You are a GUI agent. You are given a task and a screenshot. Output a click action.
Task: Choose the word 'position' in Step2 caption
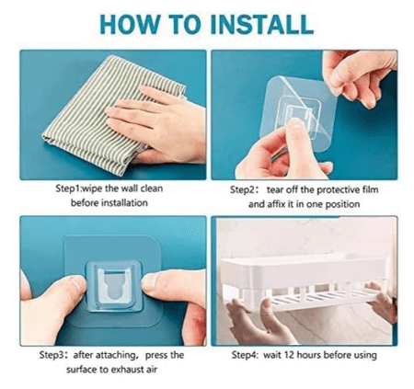tap(351, 202)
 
